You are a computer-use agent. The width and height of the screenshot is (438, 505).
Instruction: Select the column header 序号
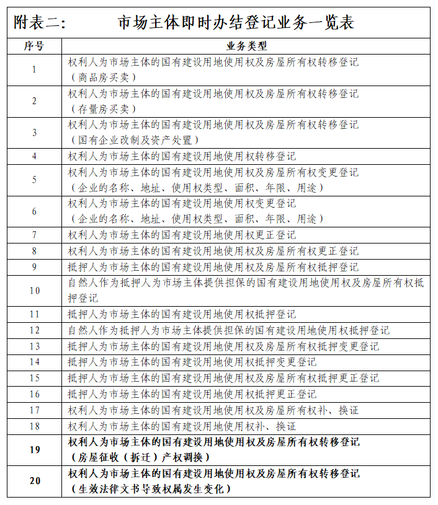point(34,46)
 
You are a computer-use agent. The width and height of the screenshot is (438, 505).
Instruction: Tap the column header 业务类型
point(246,46)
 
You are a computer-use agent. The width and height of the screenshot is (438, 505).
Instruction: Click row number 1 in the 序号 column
point(34,69)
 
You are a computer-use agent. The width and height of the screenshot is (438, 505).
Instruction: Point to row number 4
point(34,156)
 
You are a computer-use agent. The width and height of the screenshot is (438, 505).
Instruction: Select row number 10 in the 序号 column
point(34,291)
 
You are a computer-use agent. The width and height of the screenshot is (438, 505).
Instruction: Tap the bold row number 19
point(34,449)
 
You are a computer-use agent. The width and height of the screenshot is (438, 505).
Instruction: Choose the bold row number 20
point(34,481)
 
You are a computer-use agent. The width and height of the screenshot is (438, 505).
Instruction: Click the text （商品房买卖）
point(103,77)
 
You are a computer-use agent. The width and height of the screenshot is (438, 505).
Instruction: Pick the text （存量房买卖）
point(103,109)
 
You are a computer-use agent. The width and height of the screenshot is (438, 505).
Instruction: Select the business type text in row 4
point(182,156)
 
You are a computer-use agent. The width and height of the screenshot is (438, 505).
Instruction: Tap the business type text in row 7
point(182,235)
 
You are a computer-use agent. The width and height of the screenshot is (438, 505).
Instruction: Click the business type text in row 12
point(229,331)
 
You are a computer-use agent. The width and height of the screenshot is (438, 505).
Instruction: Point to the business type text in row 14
point(192,362)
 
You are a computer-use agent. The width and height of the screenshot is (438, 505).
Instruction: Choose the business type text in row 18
point(182,426)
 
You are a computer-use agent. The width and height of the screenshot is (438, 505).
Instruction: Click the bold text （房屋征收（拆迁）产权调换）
point(140,457)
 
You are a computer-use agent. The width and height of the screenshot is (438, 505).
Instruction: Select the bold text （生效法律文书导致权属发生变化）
point(150,490)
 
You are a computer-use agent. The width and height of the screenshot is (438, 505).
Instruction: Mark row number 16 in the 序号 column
point(34,394)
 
